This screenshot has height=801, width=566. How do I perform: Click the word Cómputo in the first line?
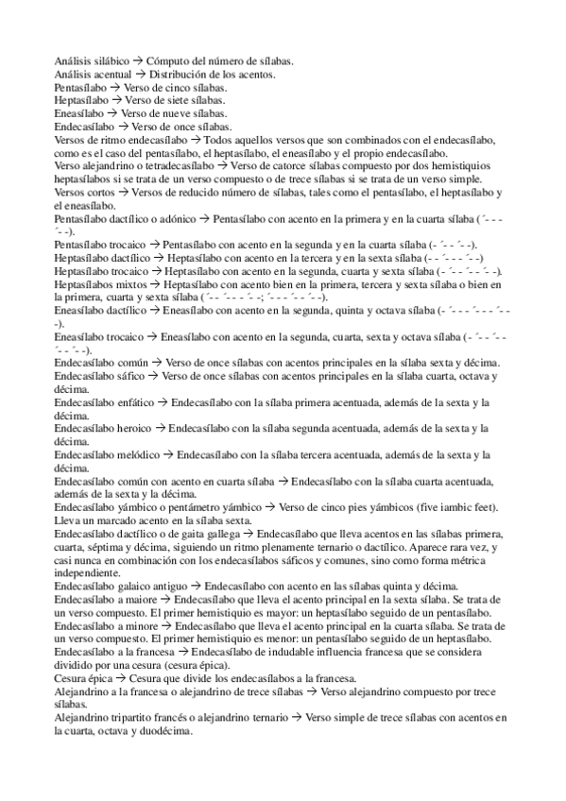[166, 61]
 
